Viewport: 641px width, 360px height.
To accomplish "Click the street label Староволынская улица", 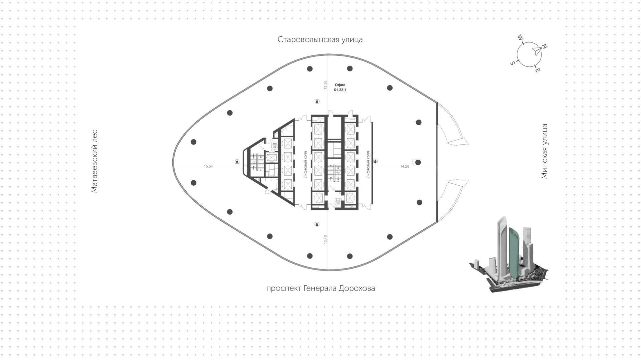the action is pos(320,40).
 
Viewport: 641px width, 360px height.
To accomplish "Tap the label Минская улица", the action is pos(545,151).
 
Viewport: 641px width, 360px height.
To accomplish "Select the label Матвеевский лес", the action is pos(94,161).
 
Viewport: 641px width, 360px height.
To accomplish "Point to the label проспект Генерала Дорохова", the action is pos(320,289).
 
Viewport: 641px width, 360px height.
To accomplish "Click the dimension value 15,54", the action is pos(208,166).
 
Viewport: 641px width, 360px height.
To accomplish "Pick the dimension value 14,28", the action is pos(404,166).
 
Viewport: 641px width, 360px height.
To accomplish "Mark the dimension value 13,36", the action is pos(325,85).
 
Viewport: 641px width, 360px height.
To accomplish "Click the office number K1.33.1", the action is pos(340,90).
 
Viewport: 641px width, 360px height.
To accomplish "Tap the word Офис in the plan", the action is pos(340,85).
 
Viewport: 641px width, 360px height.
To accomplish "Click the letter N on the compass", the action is pos(545,47).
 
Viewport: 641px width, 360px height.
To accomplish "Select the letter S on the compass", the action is pos(512,63).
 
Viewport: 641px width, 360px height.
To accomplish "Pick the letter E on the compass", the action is pos(538,70).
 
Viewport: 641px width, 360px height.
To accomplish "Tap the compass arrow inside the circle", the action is pos(536,51).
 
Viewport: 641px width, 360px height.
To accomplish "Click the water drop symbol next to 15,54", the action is pos(237,162).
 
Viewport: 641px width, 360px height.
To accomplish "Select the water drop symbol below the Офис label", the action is pos(317,101).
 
